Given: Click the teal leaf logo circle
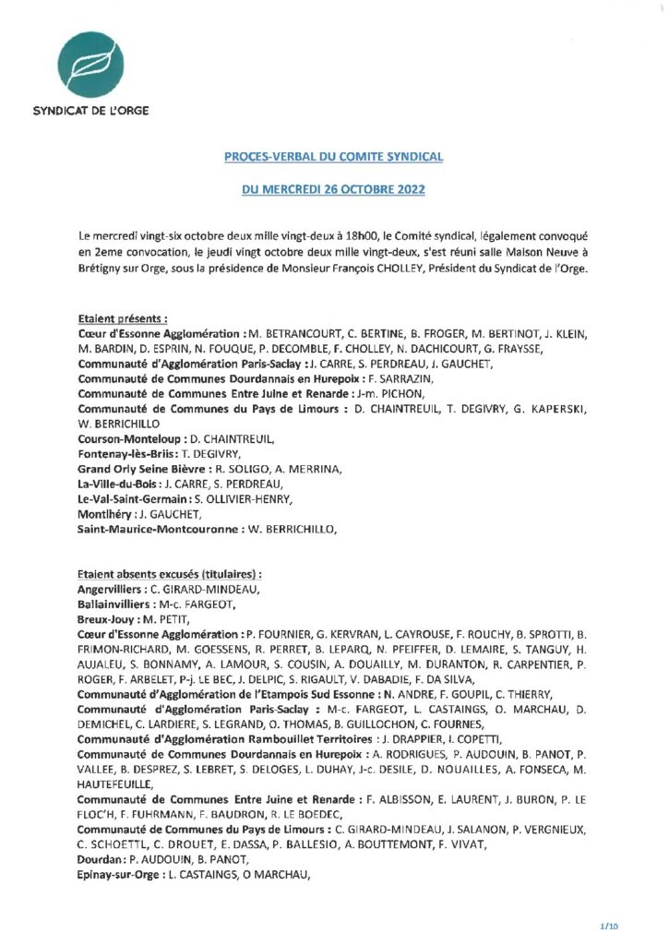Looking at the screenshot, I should tap(89, 64).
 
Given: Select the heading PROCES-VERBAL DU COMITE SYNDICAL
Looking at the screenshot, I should tap(334, 158).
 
